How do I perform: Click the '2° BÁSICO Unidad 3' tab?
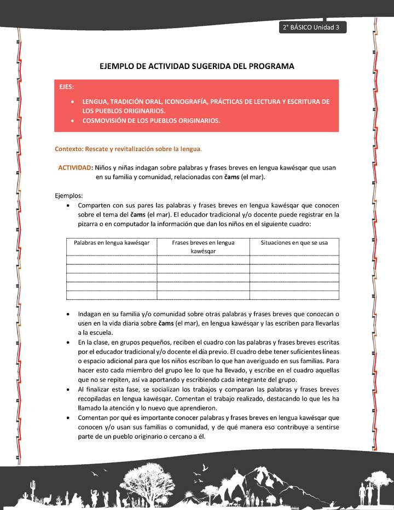312,28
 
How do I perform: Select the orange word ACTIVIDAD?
75,167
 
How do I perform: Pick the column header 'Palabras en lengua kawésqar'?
112,242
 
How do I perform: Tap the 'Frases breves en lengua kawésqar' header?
203,247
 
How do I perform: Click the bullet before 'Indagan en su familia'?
67,315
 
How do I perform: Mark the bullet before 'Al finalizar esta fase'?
67,389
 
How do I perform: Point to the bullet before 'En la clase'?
67,343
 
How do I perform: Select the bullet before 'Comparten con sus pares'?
67,206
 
